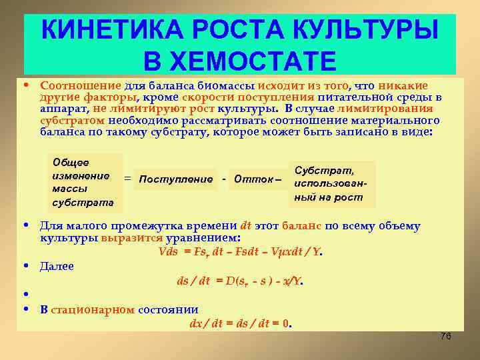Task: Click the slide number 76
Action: (x=446, y=336)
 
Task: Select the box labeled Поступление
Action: (x=176, y=179)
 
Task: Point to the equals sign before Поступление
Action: (x=127, y=179)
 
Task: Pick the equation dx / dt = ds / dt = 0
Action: (x=240, y=323)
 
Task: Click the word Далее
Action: (x=57, y=266)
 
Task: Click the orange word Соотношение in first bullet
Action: (x=80, y=85)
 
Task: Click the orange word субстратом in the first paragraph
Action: (x=72, y=121)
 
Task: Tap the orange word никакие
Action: (x=403, y=85)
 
